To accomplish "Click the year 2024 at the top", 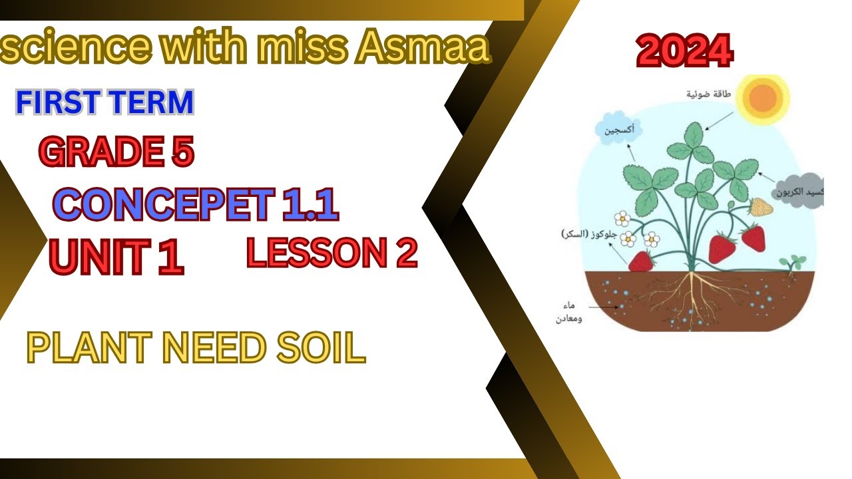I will pyautogui.click(x=684, y=52).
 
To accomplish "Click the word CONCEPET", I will pyautogui.click(x=164, y=204).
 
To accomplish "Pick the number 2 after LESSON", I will pyautogui.click(x=407, y=253).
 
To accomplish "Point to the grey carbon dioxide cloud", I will pyautogui.click(x=799, y=192).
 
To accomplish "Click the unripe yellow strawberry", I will pyautogui.click(x=761, y=208).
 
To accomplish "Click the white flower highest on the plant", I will pyautogui.click(x=622, y=218).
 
